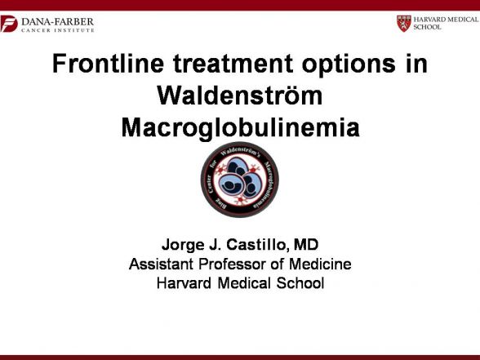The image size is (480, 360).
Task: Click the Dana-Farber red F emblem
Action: pyautogui.click(x=8, y=24)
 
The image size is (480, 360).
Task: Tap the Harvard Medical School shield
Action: pyautogui.click(x=404, y=24)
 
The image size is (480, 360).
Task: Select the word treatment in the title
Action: pyautogui.click(x=233, y=64)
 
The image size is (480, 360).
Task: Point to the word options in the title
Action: pyautogui.click(x=349, y=65)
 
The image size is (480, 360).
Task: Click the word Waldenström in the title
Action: pyautogui.click(x=240, y=96)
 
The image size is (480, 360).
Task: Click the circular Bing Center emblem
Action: pyautogui.click(x=240, y=180)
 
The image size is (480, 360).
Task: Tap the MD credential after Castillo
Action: pyautogui.click(x=306, y=245)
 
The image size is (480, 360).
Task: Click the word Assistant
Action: pyautogui.click(x=161, y=264)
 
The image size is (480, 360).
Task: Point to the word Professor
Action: pyautogui.click(x=233, y=264)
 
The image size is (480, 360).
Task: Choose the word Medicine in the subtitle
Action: pyautogui.click(x=320, y=264)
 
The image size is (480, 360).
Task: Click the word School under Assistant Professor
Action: pyautogui.click(x=300, y=282)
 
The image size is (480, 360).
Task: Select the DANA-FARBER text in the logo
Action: pyautogui.click(x=57, y=22)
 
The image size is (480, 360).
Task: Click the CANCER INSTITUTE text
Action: pyautogui.click(x=57, y=30)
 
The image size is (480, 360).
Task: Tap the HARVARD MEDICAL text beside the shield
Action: pyautogui.click(x=446, y=20)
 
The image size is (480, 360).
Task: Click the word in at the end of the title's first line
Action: pyautogui.click(x=416, y=64)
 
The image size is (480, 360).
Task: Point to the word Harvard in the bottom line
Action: pyautogui.click(x=184, y=282)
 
